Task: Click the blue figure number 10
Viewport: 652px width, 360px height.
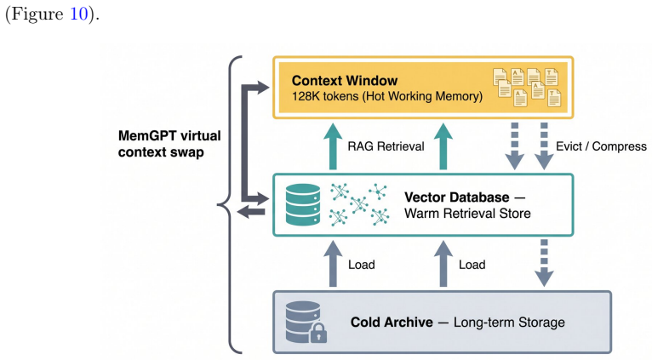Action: [78, 14]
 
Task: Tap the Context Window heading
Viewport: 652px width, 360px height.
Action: [344, 80]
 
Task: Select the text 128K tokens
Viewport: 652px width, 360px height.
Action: [325, 96]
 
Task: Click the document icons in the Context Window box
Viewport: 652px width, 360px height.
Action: [527, 88]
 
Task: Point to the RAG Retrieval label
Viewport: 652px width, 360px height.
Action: [386, 146]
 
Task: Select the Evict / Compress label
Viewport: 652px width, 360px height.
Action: [601, 146]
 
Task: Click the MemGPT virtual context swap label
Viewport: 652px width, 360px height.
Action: [169, 144]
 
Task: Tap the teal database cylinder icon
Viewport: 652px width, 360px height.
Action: [303, 204]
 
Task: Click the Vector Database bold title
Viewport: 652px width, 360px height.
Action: [456, 197]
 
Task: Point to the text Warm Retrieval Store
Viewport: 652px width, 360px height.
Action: [467, 214]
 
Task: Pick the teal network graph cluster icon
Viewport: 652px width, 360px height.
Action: [359, 204]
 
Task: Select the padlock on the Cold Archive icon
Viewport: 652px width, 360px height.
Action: [318, 333]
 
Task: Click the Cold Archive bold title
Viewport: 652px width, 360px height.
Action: [392, 323]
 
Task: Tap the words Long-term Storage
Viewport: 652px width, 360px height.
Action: [509, 323]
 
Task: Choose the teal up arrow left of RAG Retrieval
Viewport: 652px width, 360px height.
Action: [333, 146]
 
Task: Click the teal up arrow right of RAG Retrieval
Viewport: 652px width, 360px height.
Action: [443, 146]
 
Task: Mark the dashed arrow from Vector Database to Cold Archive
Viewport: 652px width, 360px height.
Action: [544, 263]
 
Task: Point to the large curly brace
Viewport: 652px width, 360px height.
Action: [230, 204]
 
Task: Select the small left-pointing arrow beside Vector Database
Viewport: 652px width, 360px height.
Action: [251, 212]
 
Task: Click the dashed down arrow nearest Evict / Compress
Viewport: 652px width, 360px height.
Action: [544, 146]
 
